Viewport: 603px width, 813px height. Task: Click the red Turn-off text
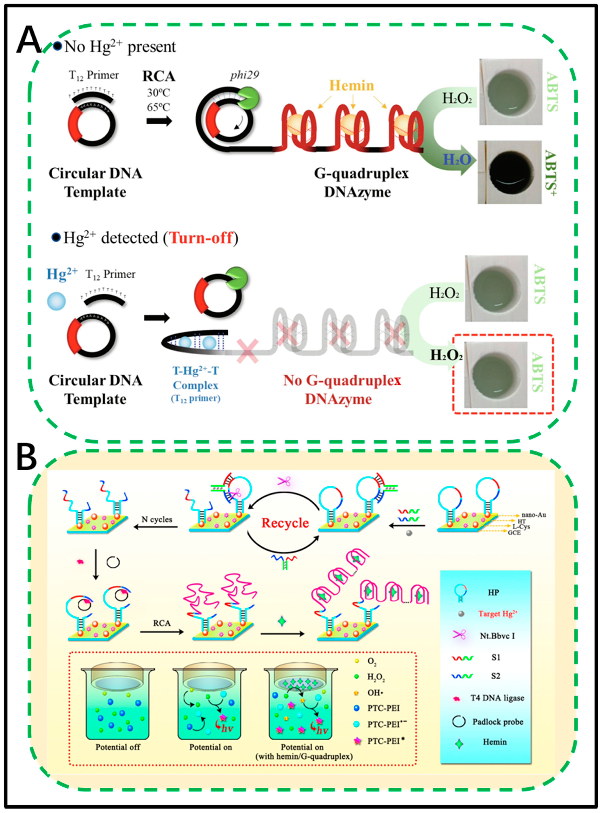coord(201,238)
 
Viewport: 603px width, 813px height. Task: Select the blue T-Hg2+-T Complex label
coord(196,378)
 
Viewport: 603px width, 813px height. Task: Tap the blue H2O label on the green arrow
coord(457,159)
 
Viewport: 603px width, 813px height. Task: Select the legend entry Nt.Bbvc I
coord(497,636)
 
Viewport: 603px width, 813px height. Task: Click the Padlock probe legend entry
coord(497,722)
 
